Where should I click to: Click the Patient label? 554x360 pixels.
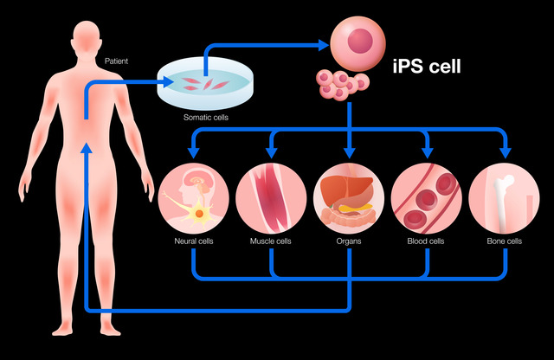point(116,61)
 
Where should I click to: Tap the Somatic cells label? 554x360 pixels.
point(206,118)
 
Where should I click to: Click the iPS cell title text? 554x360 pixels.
point(427,66)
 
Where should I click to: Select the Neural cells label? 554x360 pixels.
point(194,241)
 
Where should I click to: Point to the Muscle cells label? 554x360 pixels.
point(271,241)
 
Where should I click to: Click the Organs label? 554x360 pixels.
point(349,241)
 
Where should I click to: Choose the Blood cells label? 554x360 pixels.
point(426,241)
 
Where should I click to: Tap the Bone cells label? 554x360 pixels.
point(504,241)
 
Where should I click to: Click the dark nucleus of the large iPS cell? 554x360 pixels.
point(360,41)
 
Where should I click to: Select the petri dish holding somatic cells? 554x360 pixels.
point(205,83)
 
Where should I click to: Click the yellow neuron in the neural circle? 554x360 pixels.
point(199,213)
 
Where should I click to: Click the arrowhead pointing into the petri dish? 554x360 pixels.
point(168,82)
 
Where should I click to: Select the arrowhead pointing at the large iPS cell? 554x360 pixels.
point(324,45)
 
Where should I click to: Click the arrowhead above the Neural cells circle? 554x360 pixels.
point(194,152)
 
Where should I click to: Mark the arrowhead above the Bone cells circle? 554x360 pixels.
point(506,152)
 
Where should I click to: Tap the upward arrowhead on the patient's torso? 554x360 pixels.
point(87,148)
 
